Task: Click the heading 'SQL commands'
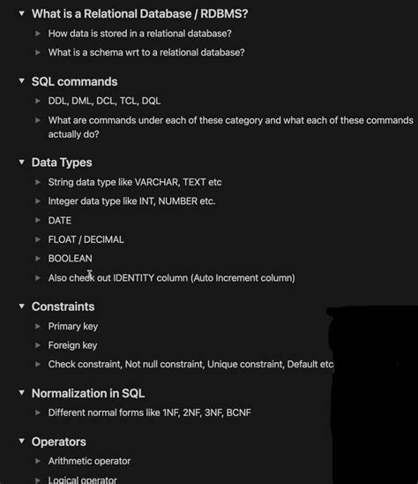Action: [x=74, y=81]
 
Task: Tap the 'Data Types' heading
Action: [x=62, y=163]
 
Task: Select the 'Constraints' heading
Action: [x=63, y=306]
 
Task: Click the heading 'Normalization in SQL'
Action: [x=88, y=393]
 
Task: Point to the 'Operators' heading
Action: [x=58, y=442]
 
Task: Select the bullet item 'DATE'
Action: [x=60, y=220]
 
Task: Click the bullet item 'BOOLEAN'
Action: [x=70, y=259]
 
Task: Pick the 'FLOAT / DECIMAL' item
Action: [x=86, y=239]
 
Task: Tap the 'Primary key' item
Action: [x=72, y=327]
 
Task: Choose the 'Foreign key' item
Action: [x=72, y=345]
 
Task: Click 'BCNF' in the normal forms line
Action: [x=238, y=412]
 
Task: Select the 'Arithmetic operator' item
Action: [x=89, y=461]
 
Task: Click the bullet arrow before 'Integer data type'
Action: [x=37, y=201]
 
